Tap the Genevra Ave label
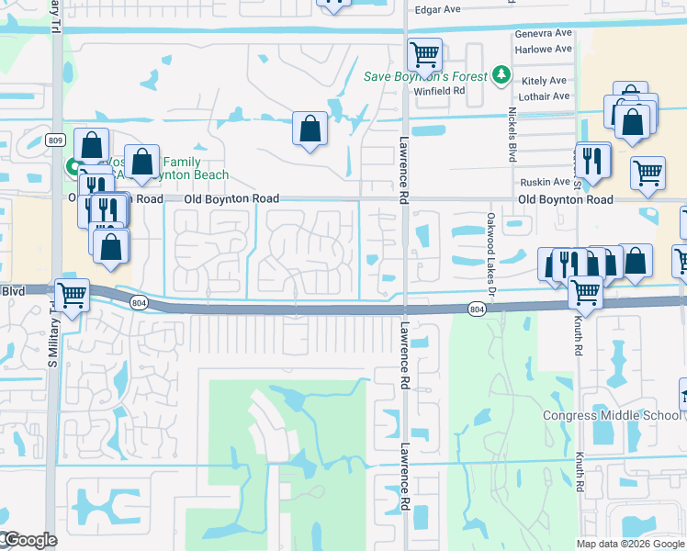pos(544,33)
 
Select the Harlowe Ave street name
pos(544,48)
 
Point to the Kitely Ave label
pos(546,82)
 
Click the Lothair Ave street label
pos(544,96)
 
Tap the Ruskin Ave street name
pos(546,182)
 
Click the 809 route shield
pos(54,140)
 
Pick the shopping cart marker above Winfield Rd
pos(424,54)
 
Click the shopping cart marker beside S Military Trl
pos(73,294)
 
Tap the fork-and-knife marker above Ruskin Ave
pos(592,160)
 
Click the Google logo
pos(28,540)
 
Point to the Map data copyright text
pos(629,544)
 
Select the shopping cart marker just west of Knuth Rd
pos(585,292)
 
